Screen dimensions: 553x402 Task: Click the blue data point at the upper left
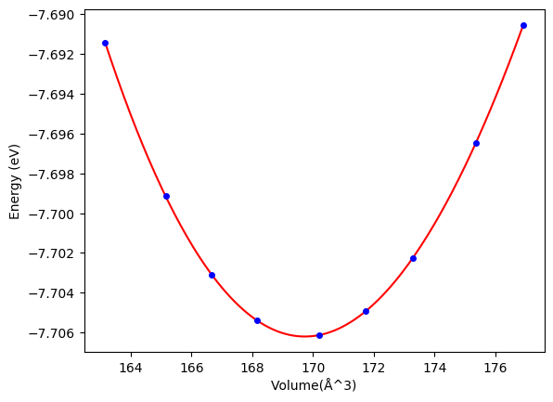(105, 44)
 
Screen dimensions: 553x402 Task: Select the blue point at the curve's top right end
(523, 25)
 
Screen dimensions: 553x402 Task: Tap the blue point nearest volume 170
(319, 336)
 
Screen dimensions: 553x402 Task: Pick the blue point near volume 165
(166, 196)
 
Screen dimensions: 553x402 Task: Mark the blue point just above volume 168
(257, 321)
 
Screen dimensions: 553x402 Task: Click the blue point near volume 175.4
(477, 143)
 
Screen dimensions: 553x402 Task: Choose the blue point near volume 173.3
(413, 259)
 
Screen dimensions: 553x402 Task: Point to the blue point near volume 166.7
(212, 276)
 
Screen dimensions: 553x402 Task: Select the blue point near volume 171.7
(367, 311)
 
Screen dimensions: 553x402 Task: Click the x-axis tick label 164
(131, 369)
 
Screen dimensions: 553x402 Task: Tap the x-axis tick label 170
(314, 369)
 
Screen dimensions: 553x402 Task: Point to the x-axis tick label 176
(495, 369)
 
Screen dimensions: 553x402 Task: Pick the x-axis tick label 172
(374, 369)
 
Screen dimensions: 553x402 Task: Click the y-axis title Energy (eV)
(15, 182)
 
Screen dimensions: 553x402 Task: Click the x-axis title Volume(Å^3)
(314, 385)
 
